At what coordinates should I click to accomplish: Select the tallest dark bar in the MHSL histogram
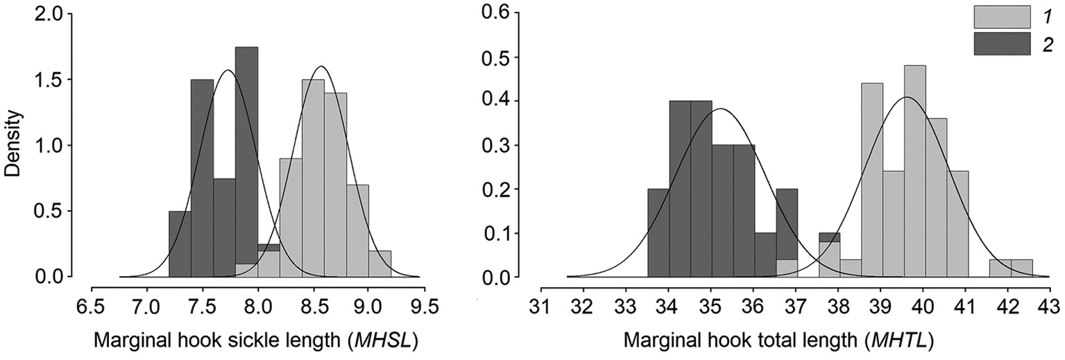(x=246, y=162)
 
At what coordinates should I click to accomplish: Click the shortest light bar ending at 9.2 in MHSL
(x=380, y=264)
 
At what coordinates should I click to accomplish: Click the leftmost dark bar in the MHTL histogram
(x=658, y=233)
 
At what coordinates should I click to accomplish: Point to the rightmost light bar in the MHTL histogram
(x=1021, y=268)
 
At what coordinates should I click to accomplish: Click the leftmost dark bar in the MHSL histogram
(x=180, y=243)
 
